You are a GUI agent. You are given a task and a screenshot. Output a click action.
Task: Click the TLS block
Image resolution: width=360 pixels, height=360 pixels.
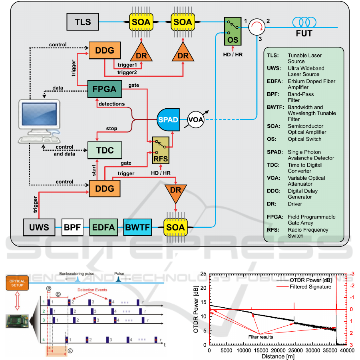pyautogui.click(x=83, y=22)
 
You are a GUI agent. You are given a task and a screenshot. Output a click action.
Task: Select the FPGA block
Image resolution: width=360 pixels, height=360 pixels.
pyautogui.click(x=105, y=89)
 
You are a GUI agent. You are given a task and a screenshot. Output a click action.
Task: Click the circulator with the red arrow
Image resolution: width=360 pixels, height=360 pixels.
pyautogui.click(x=257, y=28)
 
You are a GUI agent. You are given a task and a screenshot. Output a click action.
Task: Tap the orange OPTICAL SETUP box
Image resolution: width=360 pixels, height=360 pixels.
pyautogui.click(x=17, y=283)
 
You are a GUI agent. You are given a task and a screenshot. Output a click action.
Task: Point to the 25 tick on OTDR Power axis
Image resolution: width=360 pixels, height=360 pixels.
pyautogui.click(x=203, y=274)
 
